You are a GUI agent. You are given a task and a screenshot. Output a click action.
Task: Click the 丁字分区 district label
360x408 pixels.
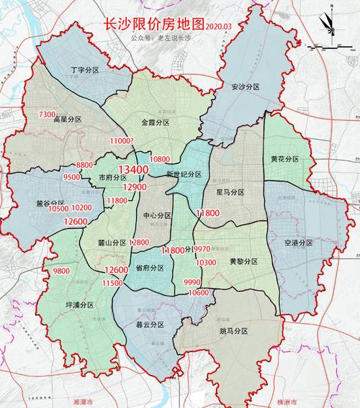[85, 71]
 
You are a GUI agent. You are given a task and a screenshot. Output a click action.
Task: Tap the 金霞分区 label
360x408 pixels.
[155, 123]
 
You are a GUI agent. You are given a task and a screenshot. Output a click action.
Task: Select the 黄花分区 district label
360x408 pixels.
[284, 158]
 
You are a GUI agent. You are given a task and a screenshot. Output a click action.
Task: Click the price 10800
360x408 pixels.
[159, 158]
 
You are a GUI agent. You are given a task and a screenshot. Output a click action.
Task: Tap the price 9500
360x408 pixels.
[72, 177]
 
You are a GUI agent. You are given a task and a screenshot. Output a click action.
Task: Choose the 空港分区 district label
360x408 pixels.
[298, 243]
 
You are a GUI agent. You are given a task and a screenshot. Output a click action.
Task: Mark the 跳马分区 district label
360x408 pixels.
[233, 330]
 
